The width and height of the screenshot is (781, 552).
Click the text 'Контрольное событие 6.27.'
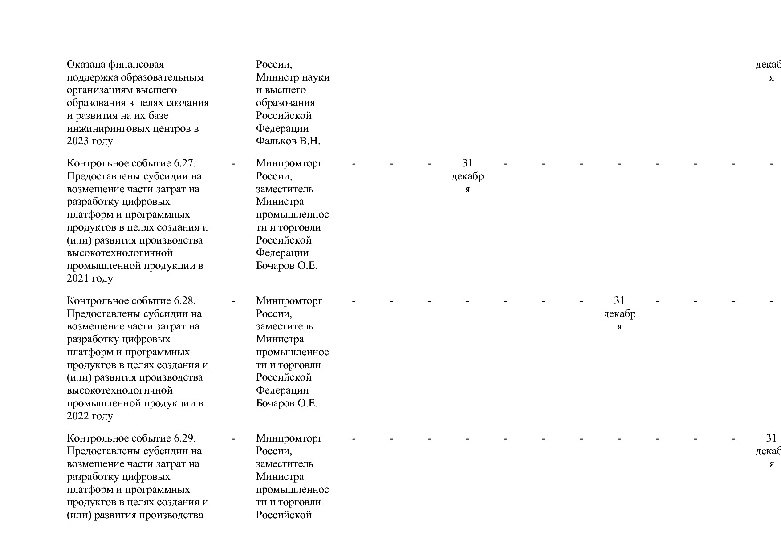[131, 163]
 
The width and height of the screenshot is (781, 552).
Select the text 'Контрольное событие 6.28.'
[131, 301]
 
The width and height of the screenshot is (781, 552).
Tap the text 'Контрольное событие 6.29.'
[131, 438]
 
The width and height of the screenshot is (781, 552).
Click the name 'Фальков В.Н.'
[288, 141]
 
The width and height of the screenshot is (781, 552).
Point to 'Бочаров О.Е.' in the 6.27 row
[287, 266]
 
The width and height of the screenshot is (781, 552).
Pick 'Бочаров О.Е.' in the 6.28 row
[287, 403]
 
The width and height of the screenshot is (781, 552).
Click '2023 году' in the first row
[90, 141]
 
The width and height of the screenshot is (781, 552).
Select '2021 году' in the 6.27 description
[90, 279]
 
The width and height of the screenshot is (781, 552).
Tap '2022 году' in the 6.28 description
[90, 416]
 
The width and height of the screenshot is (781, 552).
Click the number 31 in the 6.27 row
[468, 163]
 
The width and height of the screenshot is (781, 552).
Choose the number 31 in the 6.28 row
[619, 301]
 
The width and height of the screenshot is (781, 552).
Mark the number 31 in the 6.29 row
[771, 438]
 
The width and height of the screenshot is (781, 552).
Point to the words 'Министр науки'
[293, 77]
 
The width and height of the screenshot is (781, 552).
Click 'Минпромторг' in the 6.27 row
[289, 163]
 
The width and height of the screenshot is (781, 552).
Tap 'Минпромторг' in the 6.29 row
[289, 438]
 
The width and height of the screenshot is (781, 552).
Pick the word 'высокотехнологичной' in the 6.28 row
[119, 390]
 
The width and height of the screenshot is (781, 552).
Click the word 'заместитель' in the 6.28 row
[285, 326]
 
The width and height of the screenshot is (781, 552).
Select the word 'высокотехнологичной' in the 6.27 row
[119, 253]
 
